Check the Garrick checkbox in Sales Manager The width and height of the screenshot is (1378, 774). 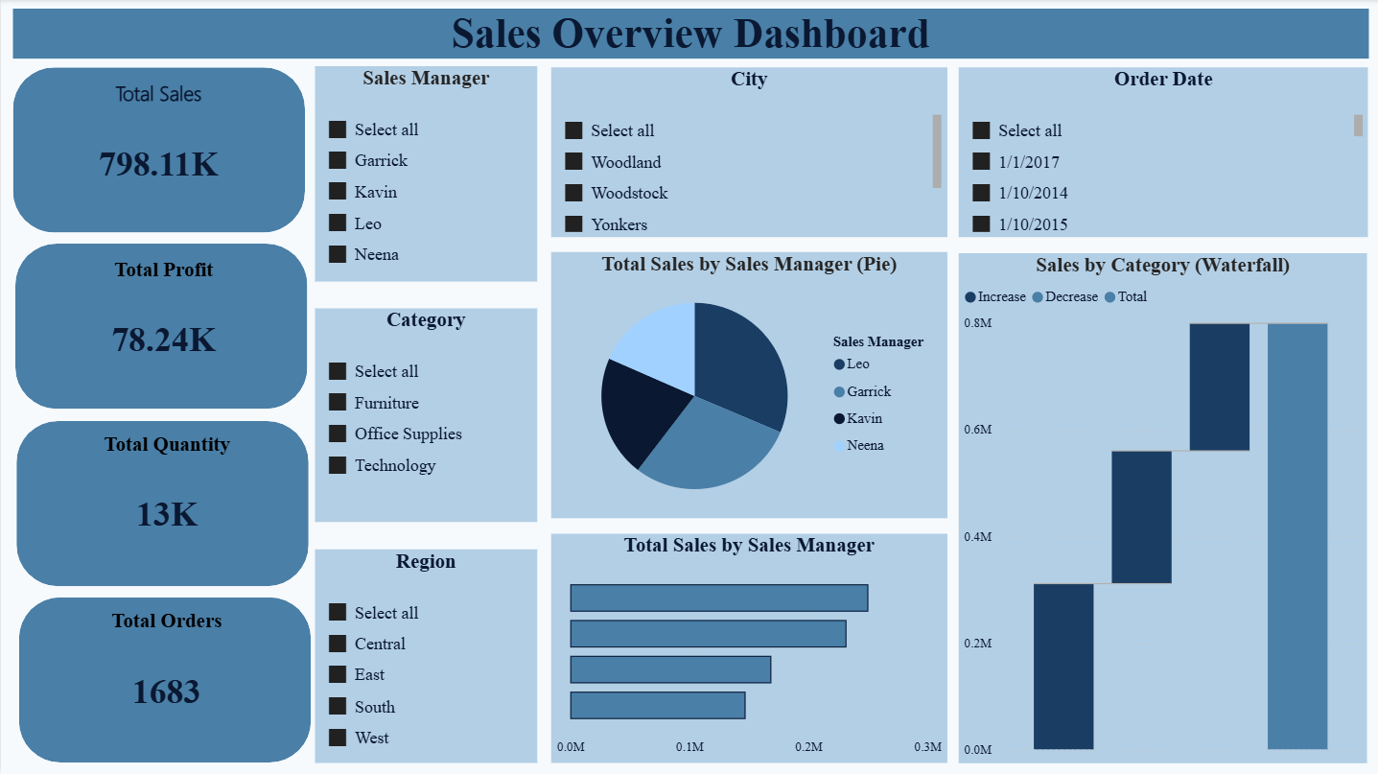click(x=337, y=160)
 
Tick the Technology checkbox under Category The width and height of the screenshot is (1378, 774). click(x=337, y=465)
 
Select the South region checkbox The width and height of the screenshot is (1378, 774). click(x=337, y=707)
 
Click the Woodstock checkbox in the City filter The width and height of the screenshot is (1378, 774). click(x=573, y=193)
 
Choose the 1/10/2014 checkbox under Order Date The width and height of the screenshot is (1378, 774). click(x=981, y=193)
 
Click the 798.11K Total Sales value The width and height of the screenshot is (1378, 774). click(x=159, y=164)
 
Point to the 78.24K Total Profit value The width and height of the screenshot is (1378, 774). click(x=164, y=340)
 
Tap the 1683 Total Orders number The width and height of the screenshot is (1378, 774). click(x=167, y=691)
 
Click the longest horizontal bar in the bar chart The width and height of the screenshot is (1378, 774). click(x=718, y=598)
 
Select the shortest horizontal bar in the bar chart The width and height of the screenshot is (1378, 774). click(x=657, y=705)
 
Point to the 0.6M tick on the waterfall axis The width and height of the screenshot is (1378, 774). click(x=978, y=430)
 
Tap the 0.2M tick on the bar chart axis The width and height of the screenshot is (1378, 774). click(x=808, y=747)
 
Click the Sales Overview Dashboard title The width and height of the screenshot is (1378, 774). click(x=689, y=34)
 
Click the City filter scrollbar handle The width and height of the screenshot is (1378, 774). click(x=937, y=151)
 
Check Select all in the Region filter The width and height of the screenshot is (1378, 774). click(x=337, y=613)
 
